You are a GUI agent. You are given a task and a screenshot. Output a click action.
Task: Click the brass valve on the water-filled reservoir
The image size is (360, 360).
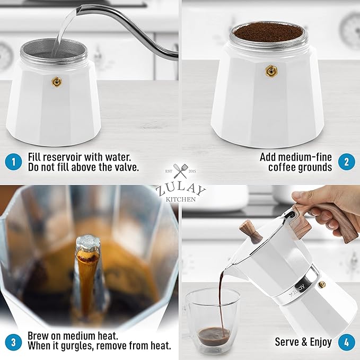tap(56, 82)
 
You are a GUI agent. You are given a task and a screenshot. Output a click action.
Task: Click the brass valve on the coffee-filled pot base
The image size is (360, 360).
tap(273, 70)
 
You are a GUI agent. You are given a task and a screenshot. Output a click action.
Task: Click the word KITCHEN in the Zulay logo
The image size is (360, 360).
tap(180, 199)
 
